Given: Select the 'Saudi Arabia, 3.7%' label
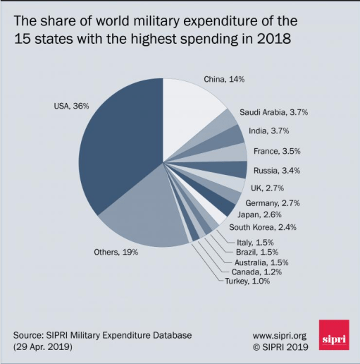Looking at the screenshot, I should coord(273,112).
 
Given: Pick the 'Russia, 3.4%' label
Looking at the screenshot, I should coord(278,170).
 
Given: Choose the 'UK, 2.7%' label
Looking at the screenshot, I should coord(268,188).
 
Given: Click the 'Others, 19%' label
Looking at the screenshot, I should coord(116,251).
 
